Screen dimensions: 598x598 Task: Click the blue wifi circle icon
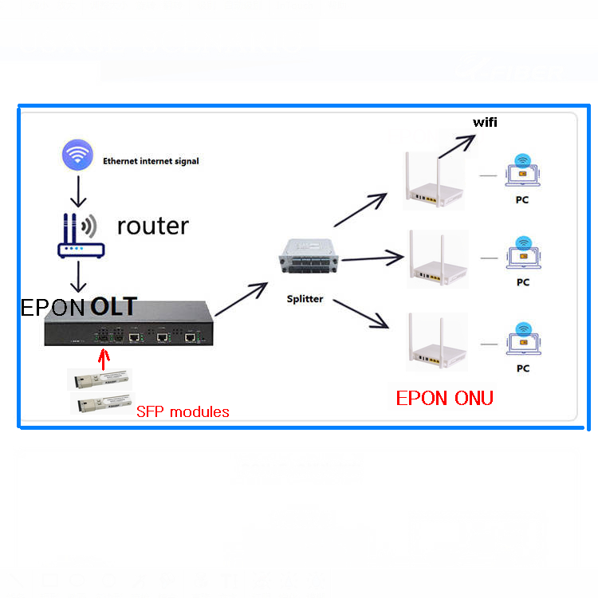click(78, 155)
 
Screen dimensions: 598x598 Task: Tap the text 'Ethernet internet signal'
click(151, 161)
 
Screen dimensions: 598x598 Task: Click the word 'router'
click(152, 226)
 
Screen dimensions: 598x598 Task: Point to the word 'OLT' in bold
click(113, 306)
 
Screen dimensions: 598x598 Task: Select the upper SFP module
click(103, 379)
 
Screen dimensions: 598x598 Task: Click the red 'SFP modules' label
click(183, 412)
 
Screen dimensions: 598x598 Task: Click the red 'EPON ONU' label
click(444, 398)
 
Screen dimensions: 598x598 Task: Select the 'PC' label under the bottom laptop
click(523, 368)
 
